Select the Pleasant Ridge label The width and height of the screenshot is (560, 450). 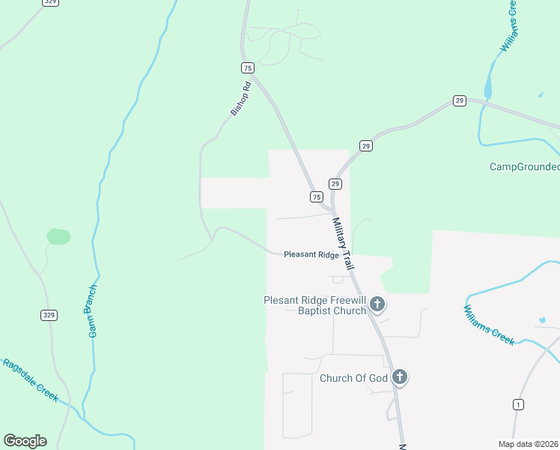311,255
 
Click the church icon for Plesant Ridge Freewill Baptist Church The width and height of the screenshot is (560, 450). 378,304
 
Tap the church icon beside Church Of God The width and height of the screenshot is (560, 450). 400,377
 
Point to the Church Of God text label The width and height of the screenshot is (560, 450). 353,378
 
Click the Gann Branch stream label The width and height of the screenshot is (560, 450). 93,310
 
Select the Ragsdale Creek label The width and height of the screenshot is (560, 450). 31,381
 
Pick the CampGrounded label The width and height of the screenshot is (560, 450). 524,166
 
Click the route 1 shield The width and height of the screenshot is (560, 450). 518,405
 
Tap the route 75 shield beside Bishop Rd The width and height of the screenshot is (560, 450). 247,67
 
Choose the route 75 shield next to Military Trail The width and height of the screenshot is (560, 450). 316,196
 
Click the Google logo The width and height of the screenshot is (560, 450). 25,440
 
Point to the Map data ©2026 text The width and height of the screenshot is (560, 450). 528,444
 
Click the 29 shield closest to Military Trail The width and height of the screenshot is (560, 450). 335,184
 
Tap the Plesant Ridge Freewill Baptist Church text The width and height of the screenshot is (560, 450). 314,305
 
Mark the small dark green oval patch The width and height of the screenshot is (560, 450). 58,237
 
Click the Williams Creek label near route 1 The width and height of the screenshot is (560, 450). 488,325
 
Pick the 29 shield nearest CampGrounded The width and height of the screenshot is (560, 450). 459,100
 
